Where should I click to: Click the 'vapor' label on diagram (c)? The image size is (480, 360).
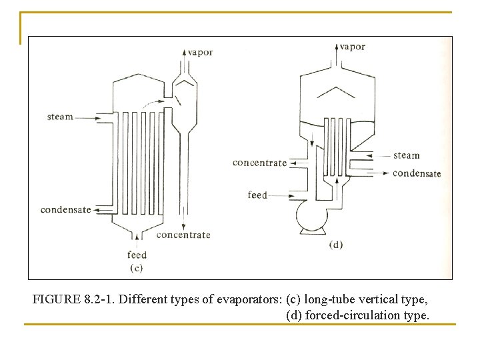click(x=200, y=53)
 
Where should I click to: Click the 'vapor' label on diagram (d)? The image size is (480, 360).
click(x=352, y=47)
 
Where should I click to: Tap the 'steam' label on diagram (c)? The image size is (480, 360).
click(x=60, y=117)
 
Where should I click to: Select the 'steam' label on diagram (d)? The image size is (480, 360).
click(x=407, y=155)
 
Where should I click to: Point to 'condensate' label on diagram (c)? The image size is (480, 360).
click(x=65, y=210)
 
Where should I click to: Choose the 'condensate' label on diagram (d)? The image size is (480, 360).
click(x=417, y=173)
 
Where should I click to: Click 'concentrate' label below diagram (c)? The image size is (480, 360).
click(x=183, y=235)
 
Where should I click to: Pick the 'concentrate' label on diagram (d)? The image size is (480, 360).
click(x=259, y=163)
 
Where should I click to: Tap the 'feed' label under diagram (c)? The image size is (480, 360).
click(x=137, y=255)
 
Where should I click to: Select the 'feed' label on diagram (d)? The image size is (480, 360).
click(x=257, y=195)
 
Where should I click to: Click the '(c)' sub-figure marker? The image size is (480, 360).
click(x=137, y=268)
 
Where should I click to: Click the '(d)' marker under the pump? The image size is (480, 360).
click(x=336, y=245)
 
